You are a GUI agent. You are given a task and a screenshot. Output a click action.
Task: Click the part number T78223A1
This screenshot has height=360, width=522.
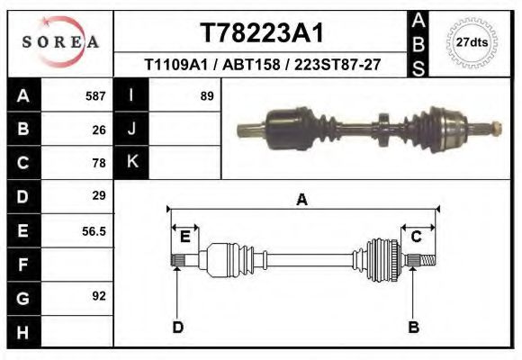pos(260,32)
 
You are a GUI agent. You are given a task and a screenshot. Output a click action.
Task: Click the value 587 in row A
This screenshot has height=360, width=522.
pos(95,95)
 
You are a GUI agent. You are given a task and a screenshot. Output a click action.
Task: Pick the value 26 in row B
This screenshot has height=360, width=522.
pos(99,130)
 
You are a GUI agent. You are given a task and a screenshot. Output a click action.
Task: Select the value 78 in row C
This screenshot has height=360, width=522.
pos(99,163)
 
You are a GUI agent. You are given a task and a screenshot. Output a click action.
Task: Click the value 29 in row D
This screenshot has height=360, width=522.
pos(99,195)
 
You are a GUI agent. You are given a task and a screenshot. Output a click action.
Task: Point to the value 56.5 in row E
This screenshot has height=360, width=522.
pos(94,230)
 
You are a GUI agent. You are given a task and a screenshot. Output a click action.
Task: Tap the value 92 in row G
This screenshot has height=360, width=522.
pos(99,295)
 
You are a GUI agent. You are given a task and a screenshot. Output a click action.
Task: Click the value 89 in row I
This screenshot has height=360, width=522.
pos(206,95)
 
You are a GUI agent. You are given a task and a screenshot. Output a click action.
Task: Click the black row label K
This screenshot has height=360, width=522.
pos(131,163)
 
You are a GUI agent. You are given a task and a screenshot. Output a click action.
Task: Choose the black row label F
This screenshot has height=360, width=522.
pos(22,265)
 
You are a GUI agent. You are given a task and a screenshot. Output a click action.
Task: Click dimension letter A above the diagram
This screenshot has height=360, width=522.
pos(302,200)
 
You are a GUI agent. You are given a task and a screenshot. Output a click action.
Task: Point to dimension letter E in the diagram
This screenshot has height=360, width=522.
pos(184,237)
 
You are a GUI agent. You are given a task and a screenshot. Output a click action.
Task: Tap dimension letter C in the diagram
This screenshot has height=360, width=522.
pos(417,237)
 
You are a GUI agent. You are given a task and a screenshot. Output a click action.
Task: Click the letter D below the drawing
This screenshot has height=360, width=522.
pos(177,327)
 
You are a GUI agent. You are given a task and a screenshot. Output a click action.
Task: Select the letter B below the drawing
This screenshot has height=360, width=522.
pos(414,327)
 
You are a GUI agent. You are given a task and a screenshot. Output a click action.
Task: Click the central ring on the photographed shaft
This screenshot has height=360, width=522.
pos(382,126)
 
